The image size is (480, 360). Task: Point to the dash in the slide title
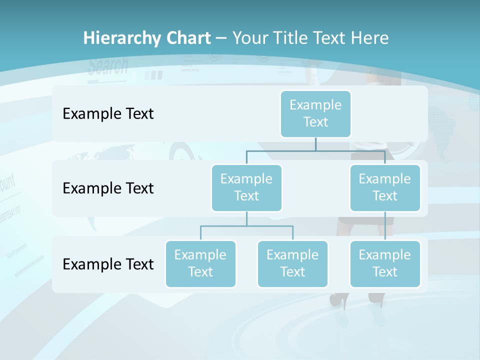coord(221,38)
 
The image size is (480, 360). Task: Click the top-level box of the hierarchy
coord(315,113)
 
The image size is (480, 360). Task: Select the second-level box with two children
coord(246,187)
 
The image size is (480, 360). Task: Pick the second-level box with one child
coord(385,187)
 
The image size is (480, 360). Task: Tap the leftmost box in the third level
coord(200,263)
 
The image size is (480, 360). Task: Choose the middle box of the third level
coord(292,263)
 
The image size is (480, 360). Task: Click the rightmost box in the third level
coord(385,263)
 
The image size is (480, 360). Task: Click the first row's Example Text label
coord(108,114)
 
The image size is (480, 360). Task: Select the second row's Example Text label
coord(108,188)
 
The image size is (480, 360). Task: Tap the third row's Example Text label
coord(108,264)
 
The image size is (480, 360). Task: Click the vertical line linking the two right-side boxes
coord(385,226)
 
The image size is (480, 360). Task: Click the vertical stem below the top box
coord(315,144)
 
